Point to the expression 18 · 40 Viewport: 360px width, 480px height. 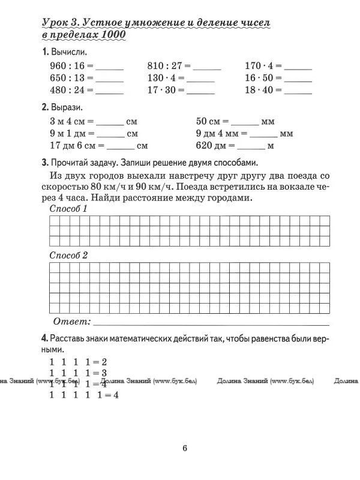click(x=259, y=91)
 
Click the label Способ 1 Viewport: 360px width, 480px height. click(x=68, y=209)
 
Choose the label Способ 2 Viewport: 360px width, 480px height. click(x=68, y=255)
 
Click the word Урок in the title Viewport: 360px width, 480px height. click(x=55, y=23)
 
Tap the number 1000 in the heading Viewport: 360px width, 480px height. click(x=115, y=35)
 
